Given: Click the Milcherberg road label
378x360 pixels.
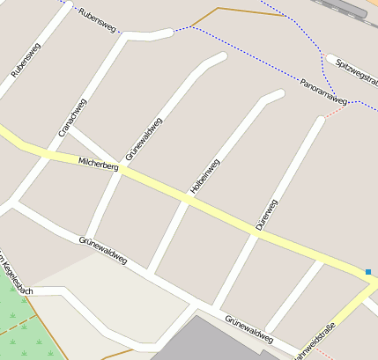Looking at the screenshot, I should pos(97,164).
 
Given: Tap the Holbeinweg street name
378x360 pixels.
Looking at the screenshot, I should pos(204,176).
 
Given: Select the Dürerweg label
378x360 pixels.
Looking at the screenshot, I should pos(266,215).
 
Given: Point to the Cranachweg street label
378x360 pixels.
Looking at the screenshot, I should pos(71,117).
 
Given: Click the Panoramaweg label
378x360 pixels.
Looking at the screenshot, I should pos(323,88).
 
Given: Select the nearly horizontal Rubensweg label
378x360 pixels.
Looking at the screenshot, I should pos(97,19).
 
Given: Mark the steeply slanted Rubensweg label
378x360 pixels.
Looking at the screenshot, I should pos(26,60).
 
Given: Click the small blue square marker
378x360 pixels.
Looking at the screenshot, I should pos(368,271).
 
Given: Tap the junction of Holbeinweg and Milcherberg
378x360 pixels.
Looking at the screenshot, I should pos(187,200).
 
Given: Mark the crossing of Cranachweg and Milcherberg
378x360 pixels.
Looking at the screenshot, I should pos(45,151).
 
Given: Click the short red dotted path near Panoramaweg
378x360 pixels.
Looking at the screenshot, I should pos(337,110).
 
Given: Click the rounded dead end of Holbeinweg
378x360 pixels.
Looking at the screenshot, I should pos(277,94).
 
